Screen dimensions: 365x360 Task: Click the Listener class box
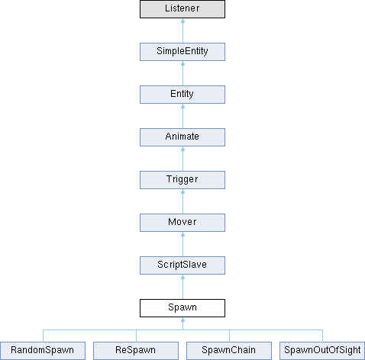[182, 9]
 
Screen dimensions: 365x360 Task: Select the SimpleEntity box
[182, 52]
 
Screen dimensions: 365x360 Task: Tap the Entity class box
[182, 95]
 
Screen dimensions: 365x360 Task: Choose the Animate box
[182, 137]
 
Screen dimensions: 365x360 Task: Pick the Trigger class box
[182, 180]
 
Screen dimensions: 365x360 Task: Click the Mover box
[182, 223]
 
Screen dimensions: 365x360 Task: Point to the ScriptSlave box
[182, 265]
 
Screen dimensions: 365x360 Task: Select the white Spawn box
[182, 308]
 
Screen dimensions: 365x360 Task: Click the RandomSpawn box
[43, 351]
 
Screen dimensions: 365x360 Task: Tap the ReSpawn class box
[136, 351]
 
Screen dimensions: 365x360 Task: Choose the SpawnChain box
[229, 351]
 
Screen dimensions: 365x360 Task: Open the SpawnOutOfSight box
[322, 351]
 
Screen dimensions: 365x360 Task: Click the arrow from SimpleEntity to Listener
[182, 31]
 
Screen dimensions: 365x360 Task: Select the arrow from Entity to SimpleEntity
[182, 73]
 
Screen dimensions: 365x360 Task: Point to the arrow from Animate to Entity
[182, 116]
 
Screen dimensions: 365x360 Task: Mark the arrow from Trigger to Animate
[182, 159]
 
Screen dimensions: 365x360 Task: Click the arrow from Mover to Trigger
[182, 201]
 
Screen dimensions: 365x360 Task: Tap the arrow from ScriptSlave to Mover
[182, 244]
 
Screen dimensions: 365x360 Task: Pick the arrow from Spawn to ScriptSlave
[182, 287]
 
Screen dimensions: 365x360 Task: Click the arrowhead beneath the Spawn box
[182, 320]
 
